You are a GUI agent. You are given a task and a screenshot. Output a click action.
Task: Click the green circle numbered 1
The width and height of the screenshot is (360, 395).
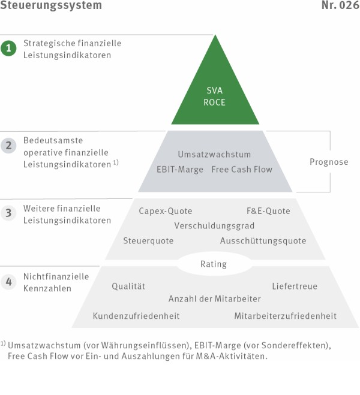(x=8, y=48)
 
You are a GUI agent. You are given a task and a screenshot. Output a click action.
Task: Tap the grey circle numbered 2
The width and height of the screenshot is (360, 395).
(x=8, y=146)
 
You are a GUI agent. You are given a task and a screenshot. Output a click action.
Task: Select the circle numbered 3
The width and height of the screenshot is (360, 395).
(x=8, y=213)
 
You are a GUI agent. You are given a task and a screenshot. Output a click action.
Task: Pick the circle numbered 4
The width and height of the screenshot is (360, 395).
(x=8, y=281)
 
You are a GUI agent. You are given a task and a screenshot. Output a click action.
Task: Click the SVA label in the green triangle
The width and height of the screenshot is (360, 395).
(x=215, y=91)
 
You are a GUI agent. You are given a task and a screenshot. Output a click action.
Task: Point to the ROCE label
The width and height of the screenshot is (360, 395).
(x=215, y=102)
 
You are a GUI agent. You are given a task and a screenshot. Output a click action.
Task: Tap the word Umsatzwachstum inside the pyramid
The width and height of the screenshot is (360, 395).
(x=215, y=154)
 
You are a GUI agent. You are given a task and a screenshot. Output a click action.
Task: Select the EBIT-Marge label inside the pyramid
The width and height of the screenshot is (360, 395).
(x=180, y=170)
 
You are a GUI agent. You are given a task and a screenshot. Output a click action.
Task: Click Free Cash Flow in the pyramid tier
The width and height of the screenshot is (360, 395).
(x=242, y=170)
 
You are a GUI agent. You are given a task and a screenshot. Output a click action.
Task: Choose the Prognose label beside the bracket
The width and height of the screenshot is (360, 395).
(x=329, y=162)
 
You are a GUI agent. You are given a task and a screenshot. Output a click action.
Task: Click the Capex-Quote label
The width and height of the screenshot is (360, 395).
(x=166, y=211)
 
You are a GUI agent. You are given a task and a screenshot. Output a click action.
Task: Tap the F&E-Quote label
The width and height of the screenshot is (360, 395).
(x=268, y=211)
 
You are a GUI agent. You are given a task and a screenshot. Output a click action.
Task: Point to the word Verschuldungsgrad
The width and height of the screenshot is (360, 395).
(x=215, y=226)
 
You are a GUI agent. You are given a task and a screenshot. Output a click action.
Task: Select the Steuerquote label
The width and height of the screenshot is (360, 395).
(x=148, y=241)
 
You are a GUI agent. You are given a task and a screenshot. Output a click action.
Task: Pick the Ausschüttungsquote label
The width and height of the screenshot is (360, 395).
(x=263, y=241)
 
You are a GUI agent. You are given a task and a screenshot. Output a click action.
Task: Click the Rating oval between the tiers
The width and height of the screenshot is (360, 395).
(x=214, y=264)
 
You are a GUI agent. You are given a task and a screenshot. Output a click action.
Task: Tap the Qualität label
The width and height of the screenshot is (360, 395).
(x=128, y=286)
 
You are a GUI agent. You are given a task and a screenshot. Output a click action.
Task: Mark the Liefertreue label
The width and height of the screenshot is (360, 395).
(x=295, y=286)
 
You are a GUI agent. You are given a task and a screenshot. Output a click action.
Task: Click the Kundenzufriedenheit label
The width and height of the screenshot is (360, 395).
(x=136, y=316)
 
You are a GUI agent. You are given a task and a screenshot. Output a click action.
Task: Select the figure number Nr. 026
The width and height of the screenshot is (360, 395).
(x=341, y=5)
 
